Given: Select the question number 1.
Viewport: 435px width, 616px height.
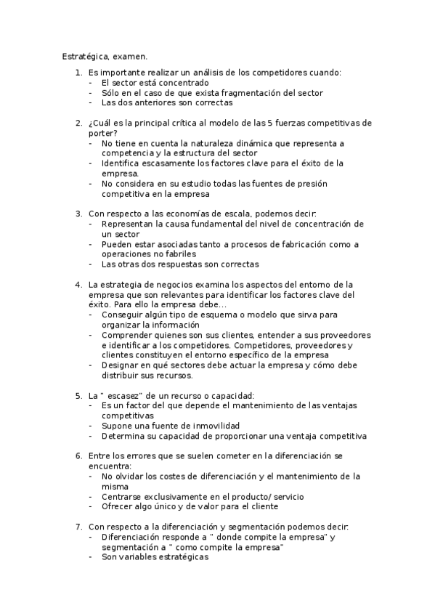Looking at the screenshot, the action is click(78, 73).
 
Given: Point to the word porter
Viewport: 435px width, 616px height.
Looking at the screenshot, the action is click(101, 134).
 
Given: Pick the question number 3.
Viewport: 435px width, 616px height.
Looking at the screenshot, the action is click(78, 214).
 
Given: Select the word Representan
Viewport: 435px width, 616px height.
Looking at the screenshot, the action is click(129, 224).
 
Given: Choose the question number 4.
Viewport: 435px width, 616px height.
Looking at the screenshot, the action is click(78, 284).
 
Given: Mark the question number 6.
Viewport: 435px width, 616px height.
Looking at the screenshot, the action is click(78, 455).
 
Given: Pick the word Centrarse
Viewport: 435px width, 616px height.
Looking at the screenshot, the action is click(123, 496).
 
